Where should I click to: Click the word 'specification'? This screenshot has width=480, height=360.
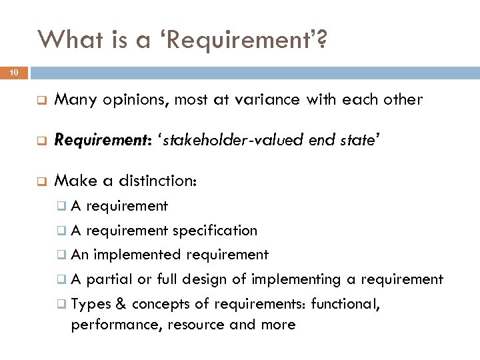point(215,231)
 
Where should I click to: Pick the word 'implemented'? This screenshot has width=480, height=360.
point(139,255)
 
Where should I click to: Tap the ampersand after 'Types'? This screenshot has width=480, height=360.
point(121,303)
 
